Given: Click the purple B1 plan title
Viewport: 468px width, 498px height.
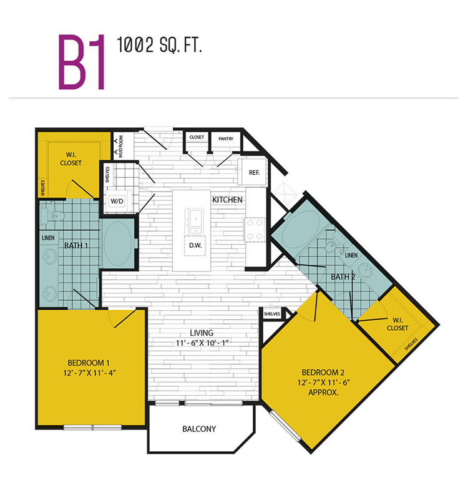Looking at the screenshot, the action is coord(82,62).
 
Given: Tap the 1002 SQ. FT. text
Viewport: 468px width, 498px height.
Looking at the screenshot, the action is coord(159,45).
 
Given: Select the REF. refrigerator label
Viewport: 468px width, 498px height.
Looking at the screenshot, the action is coord(254,172).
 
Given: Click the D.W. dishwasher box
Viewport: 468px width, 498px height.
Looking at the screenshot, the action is coord(195,245).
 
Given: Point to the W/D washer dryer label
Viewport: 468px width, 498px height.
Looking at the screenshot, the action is coord(117,201).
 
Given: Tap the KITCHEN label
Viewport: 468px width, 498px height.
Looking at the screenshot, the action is coord(227,200).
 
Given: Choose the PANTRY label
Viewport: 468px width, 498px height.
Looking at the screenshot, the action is coord(226,139).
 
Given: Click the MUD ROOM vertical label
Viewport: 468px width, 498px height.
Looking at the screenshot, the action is coord(120,147).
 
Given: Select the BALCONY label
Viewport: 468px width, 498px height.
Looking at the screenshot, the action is coord(199,429).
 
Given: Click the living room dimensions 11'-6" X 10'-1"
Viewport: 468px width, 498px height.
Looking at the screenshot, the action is coord(202,343).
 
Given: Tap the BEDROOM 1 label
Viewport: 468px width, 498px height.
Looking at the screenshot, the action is coord(89,363).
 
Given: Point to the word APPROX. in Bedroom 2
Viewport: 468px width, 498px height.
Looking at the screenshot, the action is coord(323,393).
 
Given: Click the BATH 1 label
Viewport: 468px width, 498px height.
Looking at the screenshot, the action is coord(76,245).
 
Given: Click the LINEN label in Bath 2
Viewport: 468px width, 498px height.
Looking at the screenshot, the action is coord(351,255).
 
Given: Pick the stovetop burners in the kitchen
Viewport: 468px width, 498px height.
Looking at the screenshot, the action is coord(255,229).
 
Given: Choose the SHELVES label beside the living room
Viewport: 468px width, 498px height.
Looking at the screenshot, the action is coord(272,314).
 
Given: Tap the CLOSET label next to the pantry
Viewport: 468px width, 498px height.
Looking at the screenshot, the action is coord(197,137).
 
